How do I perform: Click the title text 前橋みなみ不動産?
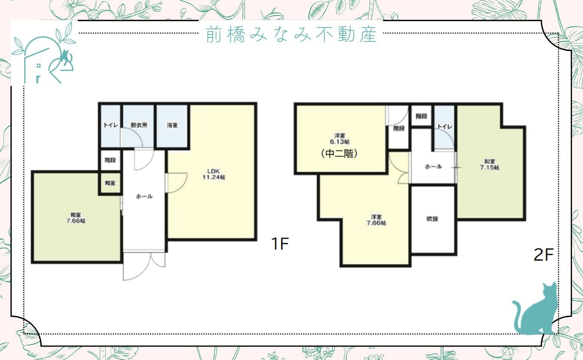[291, 34]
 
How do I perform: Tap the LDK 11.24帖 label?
[214, 174]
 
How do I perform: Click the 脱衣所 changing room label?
[139, 125]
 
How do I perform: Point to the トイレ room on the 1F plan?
[111, 125]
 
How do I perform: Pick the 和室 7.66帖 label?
[76, 218]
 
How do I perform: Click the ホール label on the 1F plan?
[144, 196]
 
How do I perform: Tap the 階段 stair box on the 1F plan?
[110, 160]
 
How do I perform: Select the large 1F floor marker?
[280, 243]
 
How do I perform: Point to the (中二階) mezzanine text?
[339, 153]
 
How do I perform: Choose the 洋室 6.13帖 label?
[339, 138]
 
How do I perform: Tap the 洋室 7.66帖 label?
[376, 220]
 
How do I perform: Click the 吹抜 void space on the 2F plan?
[433, 219]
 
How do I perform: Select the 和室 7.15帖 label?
[489, 164]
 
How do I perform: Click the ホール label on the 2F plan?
[433, 167]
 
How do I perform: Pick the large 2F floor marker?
[543, 255]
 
